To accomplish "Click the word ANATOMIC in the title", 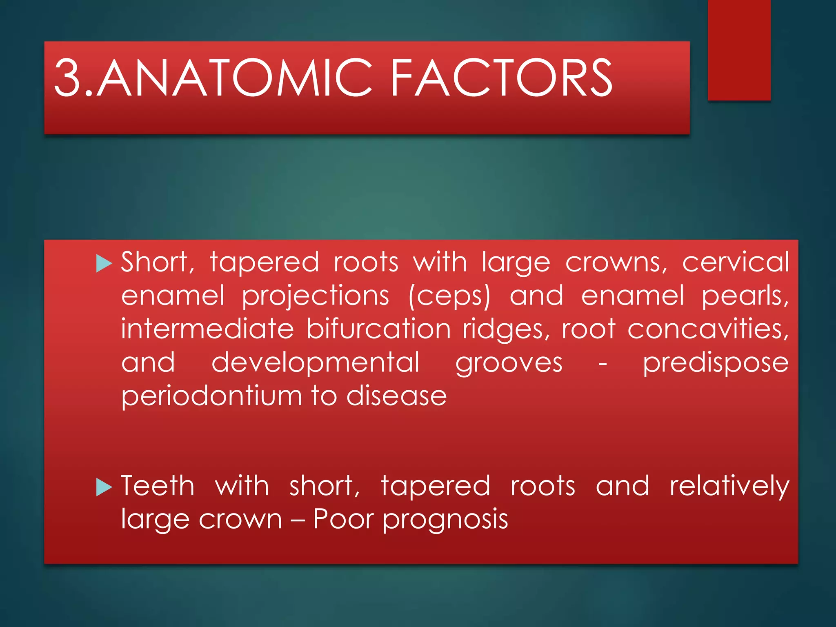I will [234, 78].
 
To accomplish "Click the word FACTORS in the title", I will [501, 78].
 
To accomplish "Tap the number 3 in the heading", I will [68, 78].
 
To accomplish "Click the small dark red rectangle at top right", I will [739, 50].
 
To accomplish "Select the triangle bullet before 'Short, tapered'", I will [104, 263].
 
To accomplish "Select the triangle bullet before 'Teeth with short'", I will [104, 487].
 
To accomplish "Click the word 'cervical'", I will [736, 262].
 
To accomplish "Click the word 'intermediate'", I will [207, 329].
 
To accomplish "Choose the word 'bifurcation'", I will [378, 329].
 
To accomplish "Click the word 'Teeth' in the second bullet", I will [158, 486].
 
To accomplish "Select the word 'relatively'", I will [729, 487].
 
